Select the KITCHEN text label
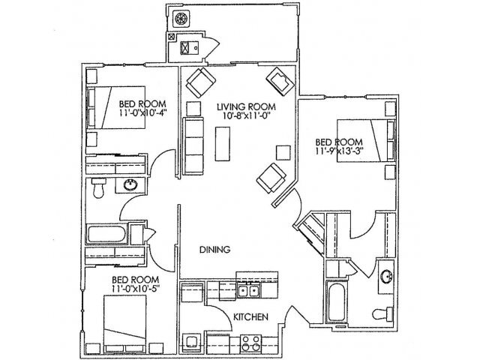coord(250,317)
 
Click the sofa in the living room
coord(193,142)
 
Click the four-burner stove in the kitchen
coord(247,346)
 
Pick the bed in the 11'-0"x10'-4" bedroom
coord(110,109)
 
